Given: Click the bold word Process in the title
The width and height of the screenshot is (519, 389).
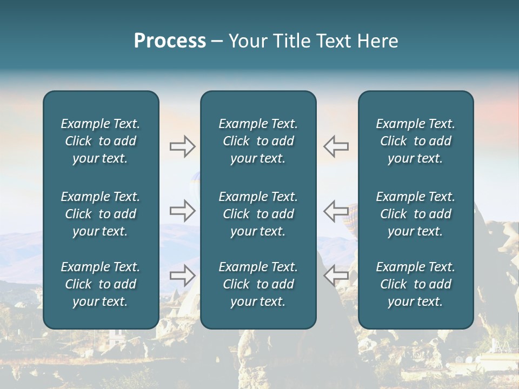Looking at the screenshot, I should point(170,41).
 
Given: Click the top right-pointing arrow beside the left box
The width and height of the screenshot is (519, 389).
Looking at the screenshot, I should point(182,146).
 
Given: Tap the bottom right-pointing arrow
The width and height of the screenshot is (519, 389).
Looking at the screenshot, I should point(182,276).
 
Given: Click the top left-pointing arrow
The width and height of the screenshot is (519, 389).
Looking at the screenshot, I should point(336,146).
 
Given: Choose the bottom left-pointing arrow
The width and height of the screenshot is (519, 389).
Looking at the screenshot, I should point(336,276).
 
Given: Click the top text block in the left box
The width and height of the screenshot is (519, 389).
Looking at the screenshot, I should point(101,141).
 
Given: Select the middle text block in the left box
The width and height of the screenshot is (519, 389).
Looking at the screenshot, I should point(101,214).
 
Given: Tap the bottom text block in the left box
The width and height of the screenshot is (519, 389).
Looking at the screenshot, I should point(101,284).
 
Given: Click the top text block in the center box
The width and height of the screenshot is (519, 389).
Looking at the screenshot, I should point(258,141).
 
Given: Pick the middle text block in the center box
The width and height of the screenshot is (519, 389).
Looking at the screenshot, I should point(258,214).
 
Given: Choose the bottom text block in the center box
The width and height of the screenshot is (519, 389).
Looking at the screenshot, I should point(258,284).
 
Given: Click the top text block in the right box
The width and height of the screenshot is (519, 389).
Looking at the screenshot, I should point(415,141).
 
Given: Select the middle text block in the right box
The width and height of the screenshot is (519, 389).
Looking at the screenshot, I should point(415,214).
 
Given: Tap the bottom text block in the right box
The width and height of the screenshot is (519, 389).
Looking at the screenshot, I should point(415,284).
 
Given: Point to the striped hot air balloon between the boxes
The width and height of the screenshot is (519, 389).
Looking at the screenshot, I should point(352,212).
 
